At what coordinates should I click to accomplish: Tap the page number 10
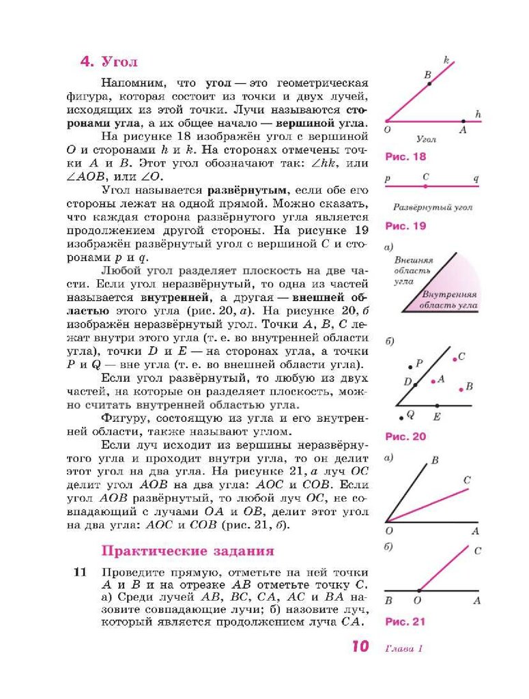pyautogui.click(x=360, y=646)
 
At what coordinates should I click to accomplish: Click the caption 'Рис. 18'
pyautogui.click(x=405, y=156)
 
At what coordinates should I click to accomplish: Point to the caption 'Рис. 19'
pyautogui.click(x=405, y=226)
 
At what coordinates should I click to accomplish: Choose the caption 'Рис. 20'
pyautogui.click(x=405, y=436)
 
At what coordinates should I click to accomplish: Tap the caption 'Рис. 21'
pyautogui.click(x=405, y=622)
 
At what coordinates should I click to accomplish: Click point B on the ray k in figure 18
pyautogui.click(x=429, y=83)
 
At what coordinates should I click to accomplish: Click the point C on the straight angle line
pyautogui.click(x=426, y=186)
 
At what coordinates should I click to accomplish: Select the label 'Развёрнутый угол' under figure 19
pyautogui.click(x=433, y=208)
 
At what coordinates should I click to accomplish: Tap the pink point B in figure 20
pyautogui.click(x=461, y=389)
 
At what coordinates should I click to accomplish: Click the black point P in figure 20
pyautogui.click(x=410, y=366)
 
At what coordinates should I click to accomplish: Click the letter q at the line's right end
pyautogui.click(x=476, y=178)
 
